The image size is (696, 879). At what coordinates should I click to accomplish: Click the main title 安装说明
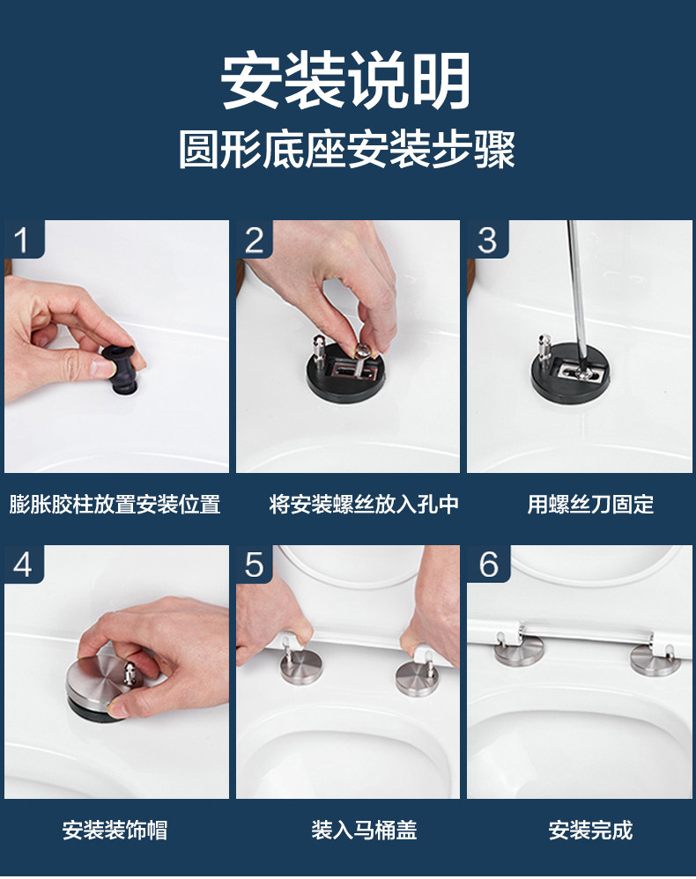click(346, 81)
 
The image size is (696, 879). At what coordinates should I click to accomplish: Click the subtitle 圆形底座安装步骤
click(347, 150)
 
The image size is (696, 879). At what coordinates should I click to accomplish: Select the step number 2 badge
click(255, 240)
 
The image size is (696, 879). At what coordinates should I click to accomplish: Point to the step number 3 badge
click(487, 240)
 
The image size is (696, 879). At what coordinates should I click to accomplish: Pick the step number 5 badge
click(255, 564)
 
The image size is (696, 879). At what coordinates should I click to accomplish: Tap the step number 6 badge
click(488, 564)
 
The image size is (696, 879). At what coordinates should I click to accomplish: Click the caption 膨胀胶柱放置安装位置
click(115, 504)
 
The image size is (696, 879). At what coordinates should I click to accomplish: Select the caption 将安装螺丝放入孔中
click(364, 504)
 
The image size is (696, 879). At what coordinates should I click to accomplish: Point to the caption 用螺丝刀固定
click(590, 504)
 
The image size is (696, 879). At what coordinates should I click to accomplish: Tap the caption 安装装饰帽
click(115, 831)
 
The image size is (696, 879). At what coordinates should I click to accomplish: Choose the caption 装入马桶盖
click(364, 831)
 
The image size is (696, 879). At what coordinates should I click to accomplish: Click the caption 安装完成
click(590, 831)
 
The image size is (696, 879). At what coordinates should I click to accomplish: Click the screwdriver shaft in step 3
click(576, 292)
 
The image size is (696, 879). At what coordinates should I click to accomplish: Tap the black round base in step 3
click(570, 373)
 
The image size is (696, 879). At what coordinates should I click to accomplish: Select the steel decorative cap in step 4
click(101, 684)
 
